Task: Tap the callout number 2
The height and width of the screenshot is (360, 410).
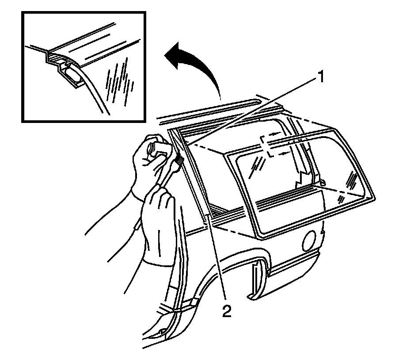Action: pyautogui.click(x=226, y=312)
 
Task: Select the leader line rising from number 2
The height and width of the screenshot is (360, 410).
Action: pyautogui.click(x=216, y=261)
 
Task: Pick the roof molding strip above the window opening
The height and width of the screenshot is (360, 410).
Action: pyautogui.click(x=208, y=111)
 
